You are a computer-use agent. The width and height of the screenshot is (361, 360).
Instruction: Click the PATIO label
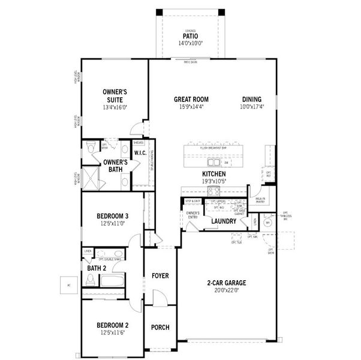pyautogui.click(x=191, y=36)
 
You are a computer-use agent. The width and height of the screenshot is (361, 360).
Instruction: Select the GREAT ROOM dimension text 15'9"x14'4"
pyautogui.click(x=191, y=107)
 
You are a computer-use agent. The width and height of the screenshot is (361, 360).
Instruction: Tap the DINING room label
pyautogui.click(x=252, y=99)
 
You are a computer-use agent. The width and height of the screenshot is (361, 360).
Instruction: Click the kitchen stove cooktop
pyautogui.click(x=213, y=190)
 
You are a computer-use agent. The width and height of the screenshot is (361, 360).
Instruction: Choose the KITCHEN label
pyautogui.click(x=213, y=173)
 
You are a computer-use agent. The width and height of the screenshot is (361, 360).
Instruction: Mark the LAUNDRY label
pyautogui.click(x=223, y=221)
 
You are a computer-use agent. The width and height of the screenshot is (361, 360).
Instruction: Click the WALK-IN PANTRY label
pyautogui.click(x=261, y=200)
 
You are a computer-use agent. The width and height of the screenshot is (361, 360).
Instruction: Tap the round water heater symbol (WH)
pyautogui.click(x=269, y=221)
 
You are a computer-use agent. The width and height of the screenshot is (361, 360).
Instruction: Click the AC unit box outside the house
pyautogui.click(x=68, y=284)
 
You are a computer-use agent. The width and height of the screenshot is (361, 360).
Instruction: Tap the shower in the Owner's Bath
pyautogui.click(x=92, y=179)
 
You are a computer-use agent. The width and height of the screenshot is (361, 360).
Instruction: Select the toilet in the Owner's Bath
pyautogui.click(x=91, y=148)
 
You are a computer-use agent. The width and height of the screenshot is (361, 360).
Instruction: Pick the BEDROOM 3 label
pyautogui.click(x=113, y=215)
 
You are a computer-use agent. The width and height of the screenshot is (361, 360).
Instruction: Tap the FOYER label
pyautogui.click(x=160, y=276)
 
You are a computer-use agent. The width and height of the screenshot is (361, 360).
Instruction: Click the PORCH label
pyautogui.click(x=160, y=328)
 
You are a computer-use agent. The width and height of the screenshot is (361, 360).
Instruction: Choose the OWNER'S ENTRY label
pyautogui.click(x=192, y=215)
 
